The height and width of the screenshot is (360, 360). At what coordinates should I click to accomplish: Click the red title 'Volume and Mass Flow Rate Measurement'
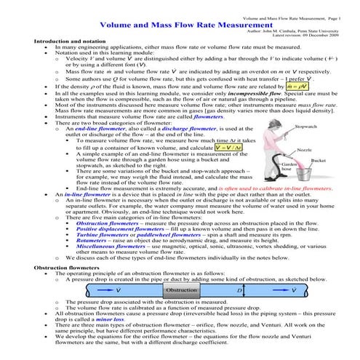point(180,23)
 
